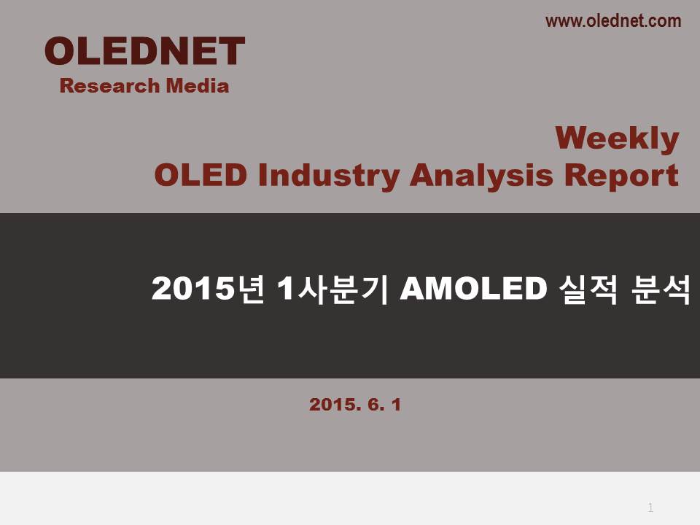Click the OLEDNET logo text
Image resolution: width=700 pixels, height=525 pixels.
[x=144, y=51]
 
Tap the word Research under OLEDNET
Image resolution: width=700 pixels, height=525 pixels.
[x=109, y=86]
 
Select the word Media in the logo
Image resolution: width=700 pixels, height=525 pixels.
[x=198, y=85]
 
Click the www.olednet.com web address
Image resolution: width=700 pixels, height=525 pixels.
[x=613, y=21]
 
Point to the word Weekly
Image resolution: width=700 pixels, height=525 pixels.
[x=618, y=139]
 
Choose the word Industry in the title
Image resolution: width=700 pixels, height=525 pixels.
[x=329, y=176]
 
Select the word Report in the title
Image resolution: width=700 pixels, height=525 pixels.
[x=621, y=176]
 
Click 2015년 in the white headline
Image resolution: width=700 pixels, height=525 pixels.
[x=208, y=289]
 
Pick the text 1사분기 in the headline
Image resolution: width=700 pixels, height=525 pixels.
[x=332, y=289]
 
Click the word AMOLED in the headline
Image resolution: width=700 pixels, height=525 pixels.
[x=474, y=289]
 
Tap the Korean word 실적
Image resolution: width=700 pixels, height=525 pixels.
[x=589, y=289]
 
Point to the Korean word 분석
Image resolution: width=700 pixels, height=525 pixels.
[x=661, y=289]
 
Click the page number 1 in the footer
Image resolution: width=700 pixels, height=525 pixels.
[x=650, y=507]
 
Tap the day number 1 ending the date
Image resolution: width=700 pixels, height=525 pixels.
[x=397, y=405]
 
